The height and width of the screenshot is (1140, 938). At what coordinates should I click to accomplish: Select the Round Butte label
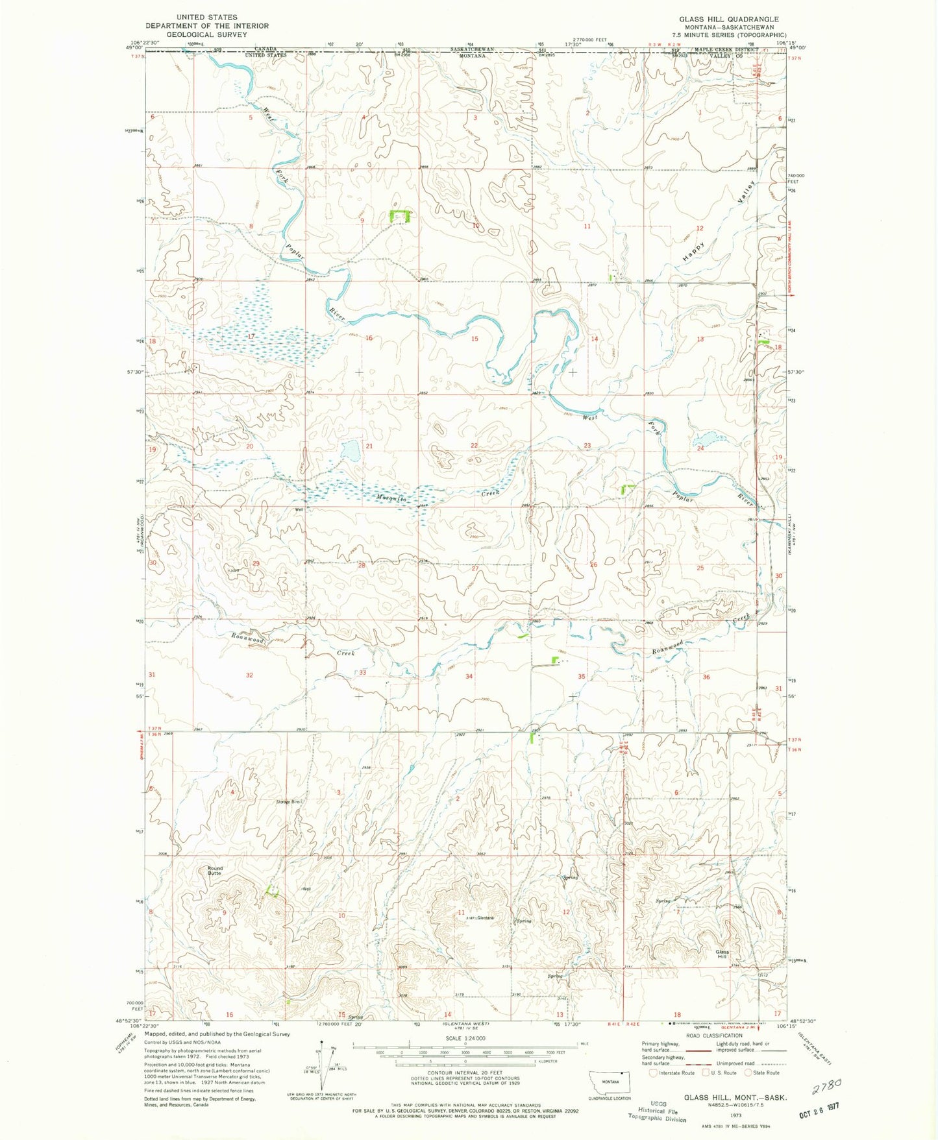coord(215,871)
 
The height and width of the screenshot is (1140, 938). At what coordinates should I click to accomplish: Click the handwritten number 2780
coord(826,1085)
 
